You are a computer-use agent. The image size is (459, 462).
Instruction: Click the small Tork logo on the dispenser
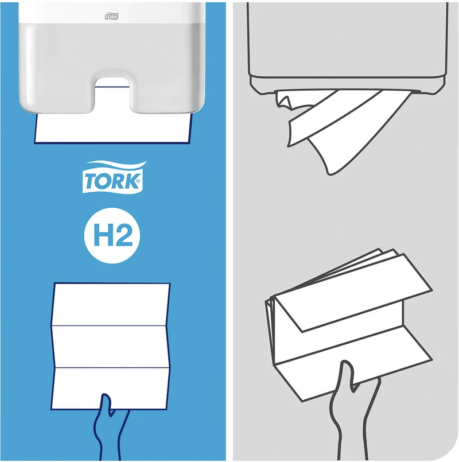point(112,17)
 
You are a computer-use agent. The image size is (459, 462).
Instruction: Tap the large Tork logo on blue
point(114,177)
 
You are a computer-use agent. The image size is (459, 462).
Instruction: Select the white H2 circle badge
point(112,235)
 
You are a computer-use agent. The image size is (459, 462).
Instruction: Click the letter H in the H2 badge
point(102,235)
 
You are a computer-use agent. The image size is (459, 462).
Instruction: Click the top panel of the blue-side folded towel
point(111,304)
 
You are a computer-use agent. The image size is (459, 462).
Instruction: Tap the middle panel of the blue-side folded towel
point(111,347)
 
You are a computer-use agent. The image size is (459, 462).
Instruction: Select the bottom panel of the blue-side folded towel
point(111,389)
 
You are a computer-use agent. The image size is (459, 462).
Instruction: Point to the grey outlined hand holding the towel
point(352,413)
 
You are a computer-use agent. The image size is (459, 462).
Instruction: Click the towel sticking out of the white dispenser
point(113,129)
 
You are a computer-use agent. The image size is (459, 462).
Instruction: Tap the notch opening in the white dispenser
point(112,96)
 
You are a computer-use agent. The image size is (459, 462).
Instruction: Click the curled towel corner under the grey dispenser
point(283,100)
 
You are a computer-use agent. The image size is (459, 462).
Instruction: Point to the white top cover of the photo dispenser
point(112,13)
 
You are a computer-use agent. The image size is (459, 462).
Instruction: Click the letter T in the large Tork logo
point(91,181)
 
